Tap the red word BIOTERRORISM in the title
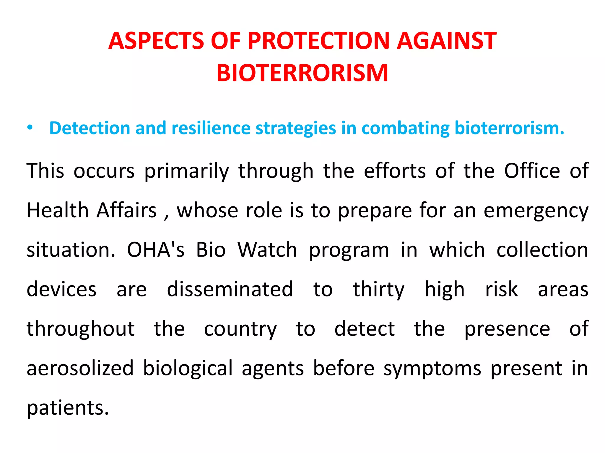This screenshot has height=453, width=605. click(302, 73)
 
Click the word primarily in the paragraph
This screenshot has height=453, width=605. click(186, 171)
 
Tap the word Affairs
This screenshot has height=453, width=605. click(127, 211)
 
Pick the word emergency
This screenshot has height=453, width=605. click(536, 211)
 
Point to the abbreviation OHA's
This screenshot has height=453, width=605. click(156, 250)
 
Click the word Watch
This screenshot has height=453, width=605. click(267, 250)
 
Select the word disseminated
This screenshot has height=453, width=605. click(230, 289)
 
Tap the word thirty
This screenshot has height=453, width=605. click(378, 290)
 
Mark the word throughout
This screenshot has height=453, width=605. click(81, 329)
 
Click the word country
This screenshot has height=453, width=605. click(240, 329)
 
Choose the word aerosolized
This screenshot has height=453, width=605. click(80, 368)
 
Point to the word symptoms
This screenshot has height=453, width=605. click(432, 369)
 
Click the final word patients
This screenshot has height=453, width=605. click(68, 408)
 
